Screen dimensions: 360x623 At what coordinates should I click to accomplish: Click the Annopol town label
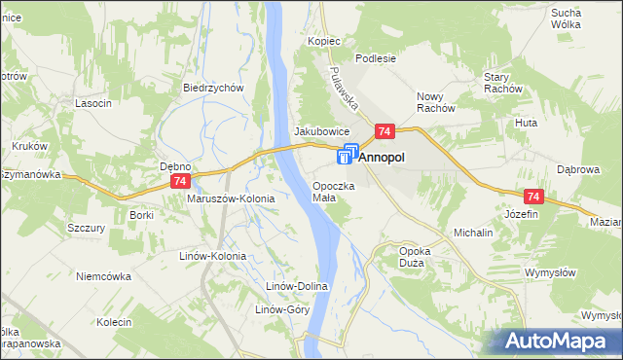pyautogui.click(x=384, y=156)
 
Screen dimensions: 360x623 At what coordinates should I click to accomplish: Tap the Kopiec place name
pyautogui.click(x=323, y=42)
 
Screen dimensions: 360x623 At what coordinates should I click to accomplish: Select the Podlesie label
pyautogui.click(x=376, y=58)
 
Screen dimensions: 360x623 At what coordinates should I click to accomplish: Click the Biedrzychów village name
pyautogui.click(x=212, y=87)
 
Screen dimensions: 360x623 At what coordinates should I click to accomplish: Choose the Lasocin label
pyautogui.click(x=93, y=103)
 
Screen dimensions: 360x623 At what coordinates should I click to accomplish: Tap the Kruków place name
pyautogui.click(x=30, y=146)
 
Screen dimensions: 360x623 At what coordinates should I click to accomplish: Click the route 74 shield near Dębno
pyautogui.click(x=179, y=182)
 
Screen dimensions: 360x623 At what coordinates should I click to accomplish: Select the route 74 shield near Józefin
pyautogui.click(x=532, y=196)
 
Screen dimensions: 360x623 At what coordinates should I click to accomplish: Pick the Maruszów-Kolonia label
pyautogui.click(x=231, y=198)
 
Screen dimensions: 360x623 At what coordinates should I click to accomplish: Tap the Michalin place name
pyautogui.click(x=473, y=234)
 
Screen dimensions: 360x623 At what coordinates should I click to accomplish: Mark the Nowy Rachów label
pyautogui.click(x=435, y=102)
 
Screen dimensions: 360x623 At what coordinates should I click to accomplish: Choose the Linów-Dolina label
pyautogui.click(x=300, y=287)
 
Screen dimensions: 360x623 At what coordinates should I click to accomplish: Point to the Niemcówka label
pyautogui.click(x=103, y=276)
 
